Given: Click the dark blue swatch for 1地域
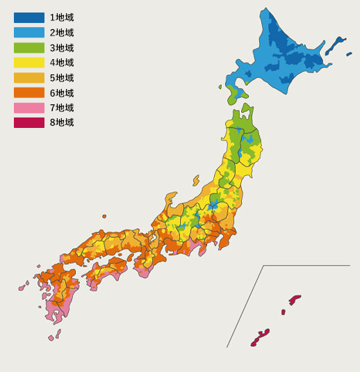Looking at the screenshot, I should (x=28, y=17).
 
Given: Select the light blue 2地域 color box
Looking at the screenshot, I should (x=28, y=33).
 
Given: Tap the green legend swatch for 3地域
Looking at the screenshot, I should (x=28, y=48).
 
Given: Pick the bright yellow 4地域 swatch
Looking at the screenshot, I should (x=28, y=63).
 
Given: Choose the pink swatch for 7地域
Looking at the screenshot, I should (x=28, y=108).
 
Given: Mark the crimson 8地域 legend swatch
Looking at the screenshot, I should (x=28, y=123).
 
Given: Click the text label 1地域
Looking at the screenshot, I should (x=62, y=17).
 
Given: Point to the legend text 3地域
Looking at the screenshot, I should (x=62, y=48).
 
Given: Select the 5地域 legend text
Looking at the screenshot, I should (x=62, y=78).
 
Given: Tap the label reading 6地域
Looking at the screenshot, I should (x=62, y=93).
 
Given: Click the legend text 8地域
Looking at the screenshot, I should (x=62, y=123).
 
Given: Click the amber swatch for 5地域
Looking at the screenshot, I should (x=28, y=78).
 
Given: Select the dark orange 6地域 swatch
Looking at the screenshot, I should (x=28, y=93).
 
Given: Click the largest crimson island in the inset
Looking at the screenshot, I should (x=260, y=337).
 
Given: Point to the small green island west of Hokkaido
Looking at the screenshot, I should (x=220, y=87).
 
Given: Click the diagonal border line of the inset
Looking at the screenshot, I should (x=245, y=306).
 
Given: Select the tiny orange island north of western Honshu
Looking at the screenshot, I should (x=104, y=216).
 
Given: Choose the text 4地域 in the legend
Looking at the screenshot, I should (x=62, y=63).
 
